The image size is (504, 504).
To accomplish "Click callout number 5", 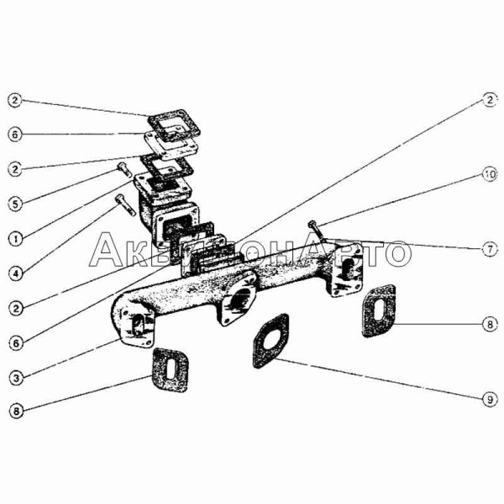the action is (x=15, y=203).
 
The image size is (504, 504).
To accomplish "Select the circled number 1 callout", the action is (x=15, y=239).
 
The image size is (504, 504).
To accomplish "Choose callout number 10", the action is (x=490, y=175).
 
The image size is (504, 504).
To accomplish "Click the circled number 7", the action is (x=490, y=249).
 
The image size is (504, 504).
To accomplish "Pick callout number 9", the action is (x=490, y=399).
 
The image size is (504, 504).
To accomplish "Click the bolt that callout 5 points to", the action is (x=123, y=169).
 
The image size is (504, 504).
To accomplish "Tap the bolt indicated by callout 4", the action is (x=125, y=204).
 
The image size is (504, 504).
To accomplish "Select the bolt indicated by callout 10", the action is (x=316, y=229).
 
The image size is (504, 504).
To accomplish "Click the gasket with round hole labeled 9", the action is (x=271, y=341).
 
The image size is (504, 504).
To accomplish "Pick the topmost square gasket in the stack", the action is (x=175, y=127).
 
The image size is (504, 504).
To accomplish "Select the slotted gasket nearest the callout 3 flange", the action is (x=170, y=370).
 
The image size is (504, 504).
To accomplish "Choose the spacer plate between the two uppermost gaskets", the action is (x=171, y=146).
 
